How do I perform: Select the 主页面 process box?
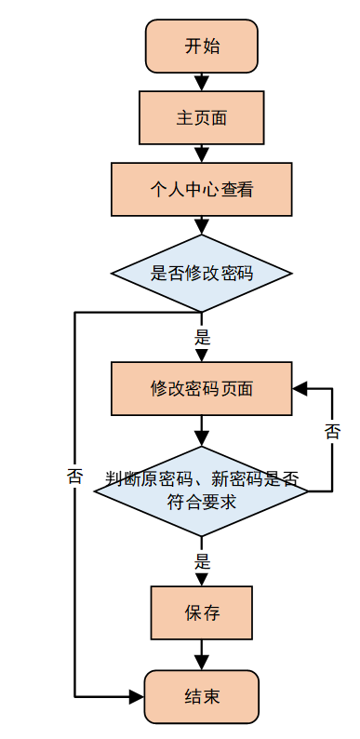pos(202,118)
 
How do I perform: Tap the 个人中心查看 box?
pos(202,190)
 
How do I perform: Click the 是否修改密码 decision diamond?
pos(202,274)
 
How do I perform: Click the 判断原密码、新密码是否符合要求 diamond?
pos(202,490)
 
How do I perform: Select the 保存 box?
pos(202,614)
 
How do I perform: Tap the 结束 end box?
pos(202,696)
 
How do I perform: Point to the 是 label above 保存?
pos(202,561)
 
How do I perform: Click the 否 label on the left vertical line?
pos(75,477)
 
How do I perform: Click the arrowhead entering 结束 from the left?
pos(137,696)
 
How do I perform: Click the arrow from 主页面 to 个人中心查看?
pos(202,154)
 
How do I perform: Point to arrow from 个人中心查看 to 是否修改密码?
pos(202,226)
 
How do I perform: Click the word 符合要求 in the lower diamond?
pos(202,503)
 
